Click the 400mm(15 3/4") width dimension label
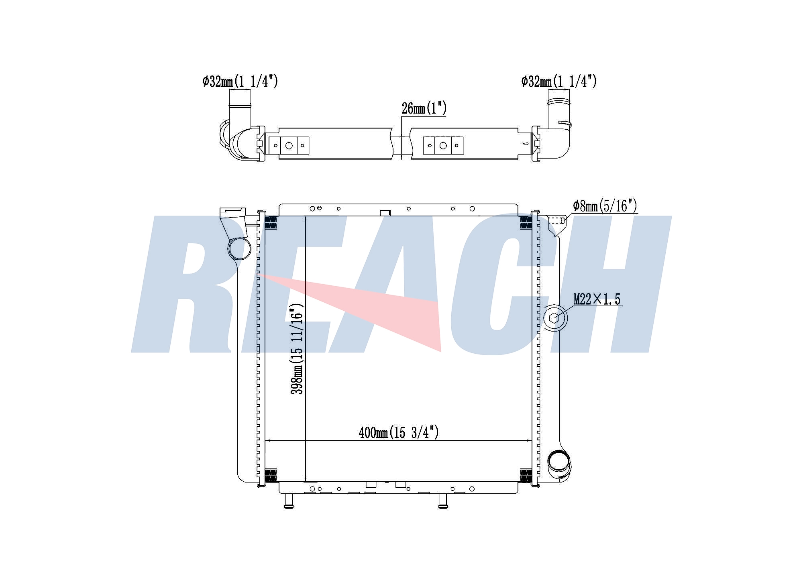pyautogui.click(x=398, y=432)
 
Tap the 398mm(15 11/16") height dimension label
pyautogui.click(x=297, y=349)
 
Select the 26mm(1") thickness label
pyautogui.click(x=424, y=108)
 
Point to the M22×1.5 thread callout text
pyautogui.click(x=597, y=299)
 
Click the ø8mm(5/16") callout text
pyautogui.click(x=605, y=206)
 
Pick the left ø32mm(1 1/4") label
pyautogui.click(x=240, y=81)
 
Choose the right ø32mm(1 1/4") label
pyautogui.click(x=559, y=81)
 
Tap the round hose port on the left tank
pyautogui.click(x=239, y=249)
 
